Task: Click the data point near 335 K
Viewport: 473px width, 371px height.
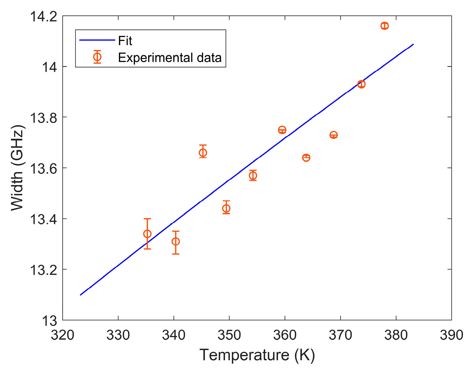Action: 147,234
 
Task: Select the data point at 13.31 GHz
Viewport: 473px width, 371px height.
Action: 176,241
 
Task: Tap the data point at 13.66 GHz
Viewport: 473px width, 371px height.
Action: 203,153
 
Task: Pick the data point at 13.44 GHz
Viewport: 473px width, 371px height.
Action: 226,208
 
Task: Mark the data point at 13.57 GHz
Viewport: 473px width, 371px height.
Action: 253,175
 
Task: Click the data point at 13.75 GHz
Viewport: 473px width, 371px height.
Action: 282,130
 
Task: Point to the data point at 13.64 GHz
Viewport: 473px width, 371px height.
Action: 306,158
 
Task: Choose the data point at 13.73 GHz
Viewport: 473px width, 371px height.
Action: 333,135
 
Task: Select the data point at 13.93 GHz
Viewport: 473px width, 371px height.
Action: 361,84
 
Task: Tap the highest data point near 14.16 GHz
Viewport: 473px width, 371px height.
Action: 385,26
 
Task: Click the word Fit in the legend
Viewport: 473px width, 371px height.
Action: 125,41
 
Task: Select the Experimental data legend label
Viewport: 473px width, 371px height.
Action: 170,58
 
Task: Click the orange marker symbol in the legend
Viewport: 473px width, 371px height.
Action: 97,57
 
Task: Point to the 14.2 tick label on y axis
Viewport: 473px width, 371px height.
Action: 43,16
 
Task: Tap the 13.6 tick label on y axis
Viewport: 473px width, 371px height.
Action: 43,168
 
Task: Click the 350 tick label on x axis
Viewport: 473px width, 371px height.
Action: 229,335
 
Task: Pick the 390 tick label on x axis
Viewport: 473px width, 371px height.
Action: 451,335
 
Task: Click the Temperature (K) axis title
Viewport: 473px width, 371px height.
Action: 257,355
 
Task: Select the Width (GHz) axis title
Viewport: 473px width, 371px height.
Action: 17,168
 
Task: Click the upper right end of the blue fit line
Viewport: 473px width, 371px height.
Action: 413,44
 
